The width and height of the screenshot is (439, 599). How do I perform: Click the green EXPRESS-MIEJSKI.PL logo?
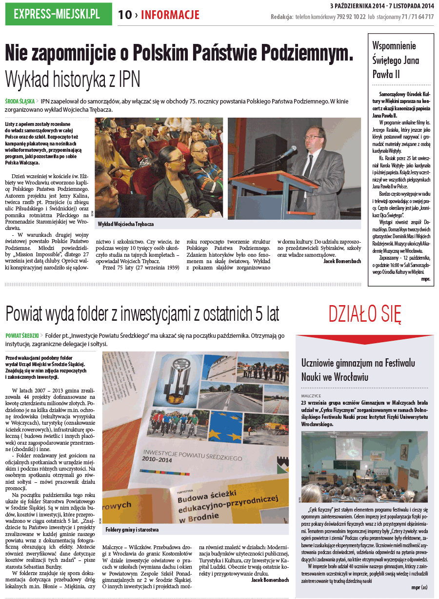point(57,14)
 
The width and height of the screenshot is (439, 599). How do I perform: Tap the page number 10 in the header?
point(125,15)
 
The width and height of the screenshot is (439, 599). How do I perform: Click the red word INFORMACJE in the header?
point(170,15)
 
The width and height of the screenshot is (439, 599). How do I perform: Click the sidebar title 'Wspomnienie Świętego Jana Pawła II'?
point(395,60)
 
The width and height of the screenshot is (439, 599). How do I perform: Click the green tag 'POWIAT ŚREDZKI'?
point(22,336)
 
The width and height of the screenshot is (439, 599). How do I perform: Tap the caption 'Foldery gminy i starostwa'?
point(132,530)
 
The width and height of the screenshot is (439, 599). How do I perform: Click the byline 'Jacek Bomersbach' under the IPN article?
point(342,261)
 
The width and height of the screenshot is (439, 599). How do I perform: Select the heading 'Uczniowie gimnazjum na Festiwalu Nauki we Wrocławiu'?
point(358,370)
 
